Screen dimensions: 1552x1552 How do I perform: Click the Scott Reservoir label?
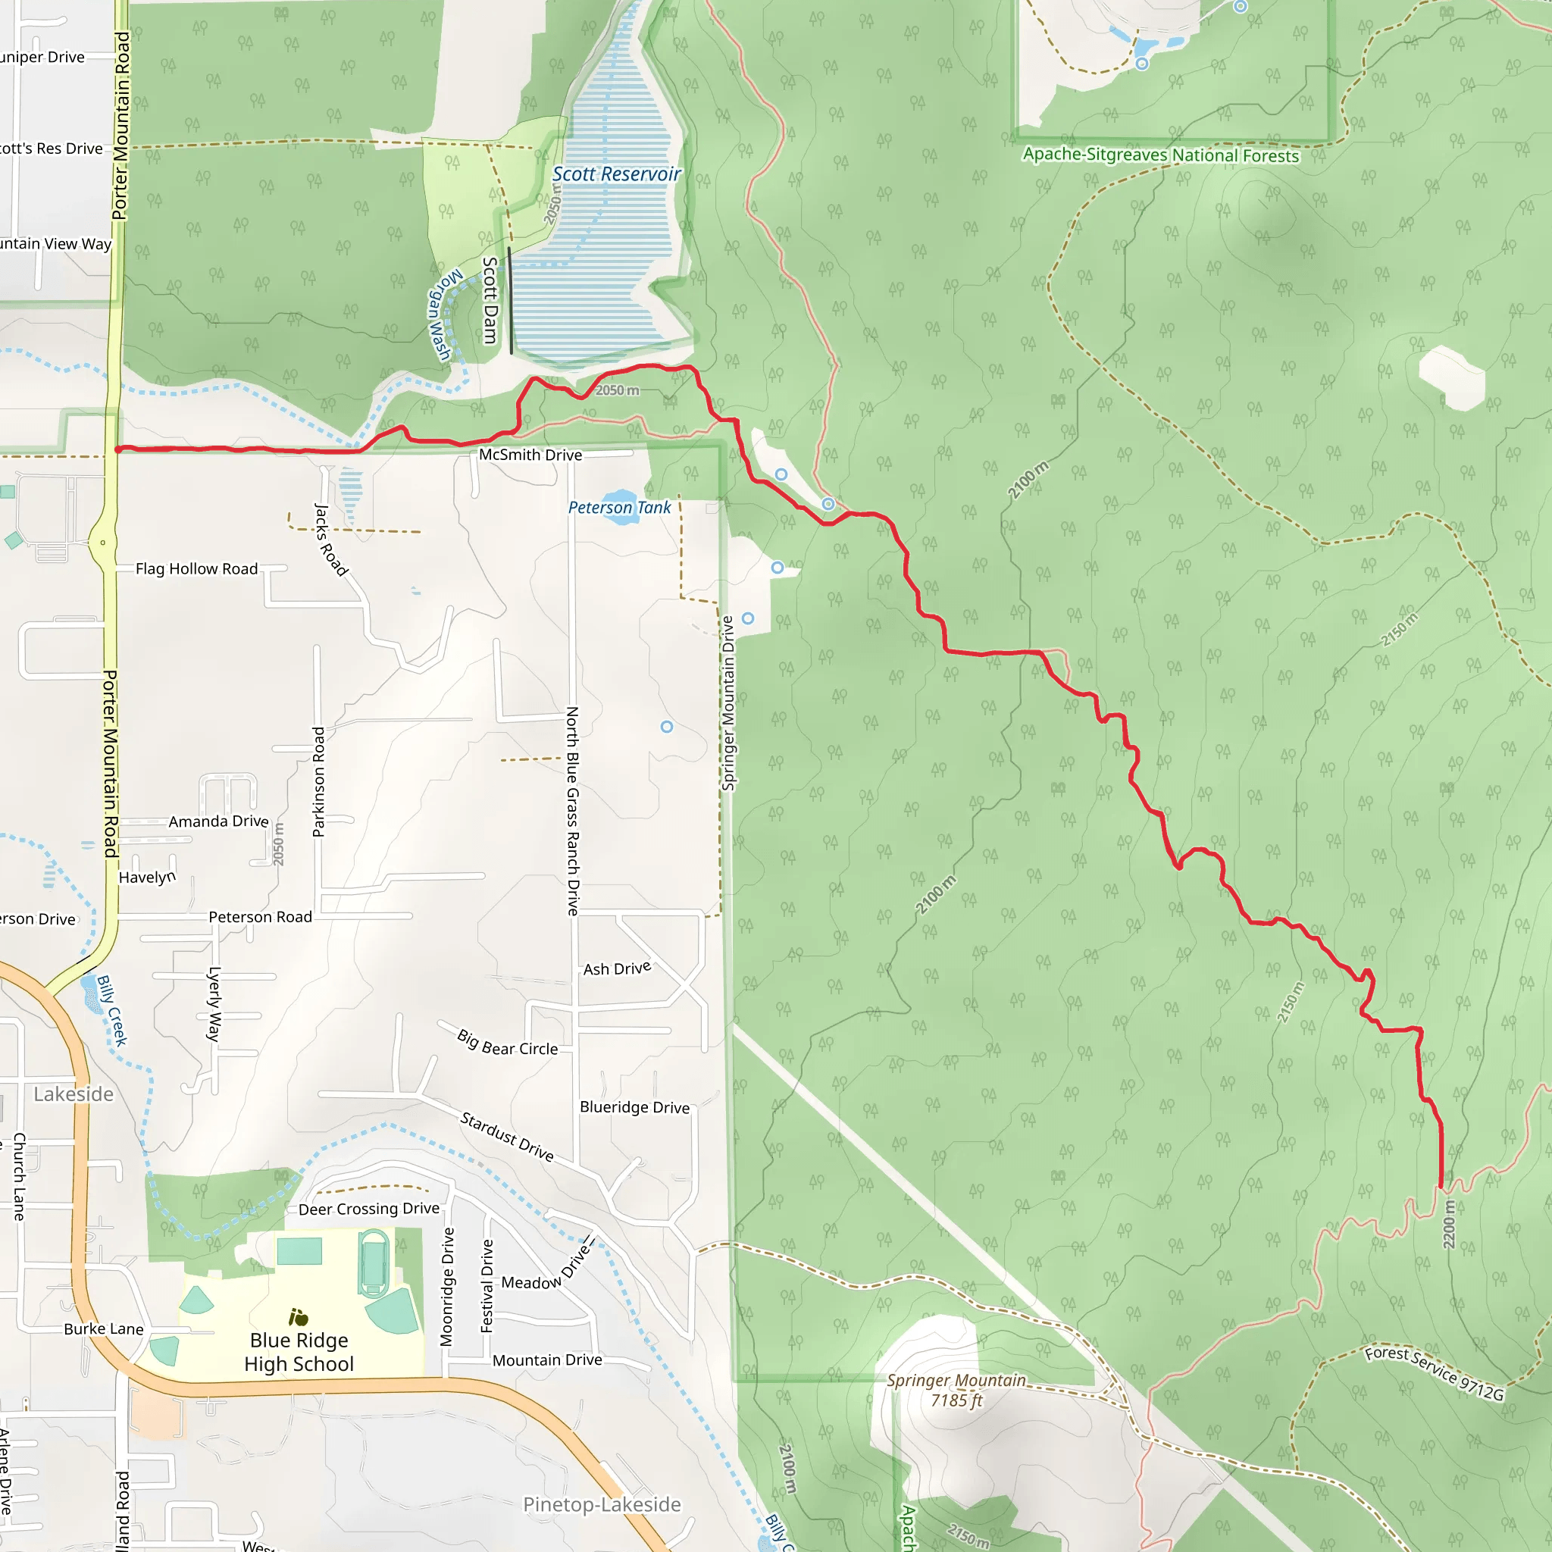point(616,174)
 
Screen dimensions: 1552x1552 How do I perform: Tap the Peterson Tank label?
point(618,508)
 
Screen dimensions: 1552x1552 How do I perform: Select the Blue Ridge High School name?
point(299,1352)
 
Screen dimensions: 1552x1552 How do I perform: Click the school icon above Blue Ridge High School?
point(298,1317)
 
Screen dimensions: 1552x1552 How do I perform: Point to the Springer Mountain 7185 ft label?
point(956,1391)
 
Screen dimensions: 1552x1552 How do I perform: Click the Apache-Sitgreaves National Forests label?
point(1160,155)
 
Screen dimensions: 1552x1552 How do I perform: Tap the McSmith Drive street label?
point(530,455)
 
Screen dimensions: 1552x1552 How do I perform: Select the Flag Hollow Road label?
point(197,569)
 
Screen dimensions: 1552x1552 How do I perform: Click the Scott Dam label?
point(490,300)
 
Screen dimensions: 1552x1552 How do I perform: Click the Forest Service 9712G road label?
point(1434,1373)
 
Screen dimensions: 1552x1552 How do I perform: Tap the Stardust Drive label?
point(507,1137)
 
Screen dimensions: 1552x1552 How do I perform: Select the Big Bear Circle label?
point(507,1043)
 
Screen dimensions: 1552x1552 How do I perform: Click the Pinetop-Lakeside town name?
point(602,1504)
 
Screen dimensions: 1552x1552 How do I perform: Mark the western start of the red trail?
point(119,450)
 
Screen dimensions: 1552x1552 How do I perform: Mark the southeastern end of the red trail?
point(1441,1187)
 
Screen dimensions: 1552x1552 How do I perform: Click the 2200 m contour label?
point(1448,1225)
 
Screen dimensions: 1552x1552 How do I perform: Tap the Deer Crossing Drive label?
point(369,1209)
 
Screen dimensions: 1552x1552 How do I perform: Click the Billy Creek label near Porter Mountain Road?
point(112,1011)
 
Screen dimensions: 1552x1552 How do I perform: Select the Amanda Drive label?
point(218,821)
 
